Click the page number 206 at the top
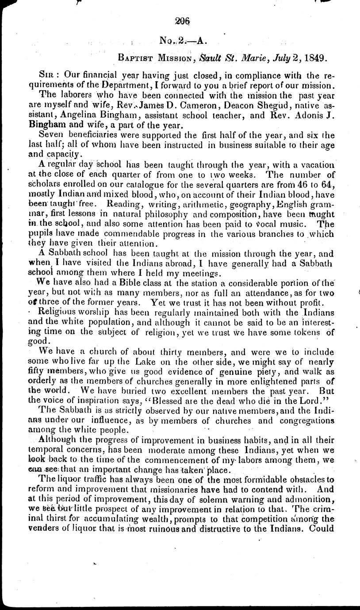coord(182,19)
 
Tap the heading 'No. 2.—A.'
coord(183,41)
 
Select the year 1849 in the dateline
coord(314,57)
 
